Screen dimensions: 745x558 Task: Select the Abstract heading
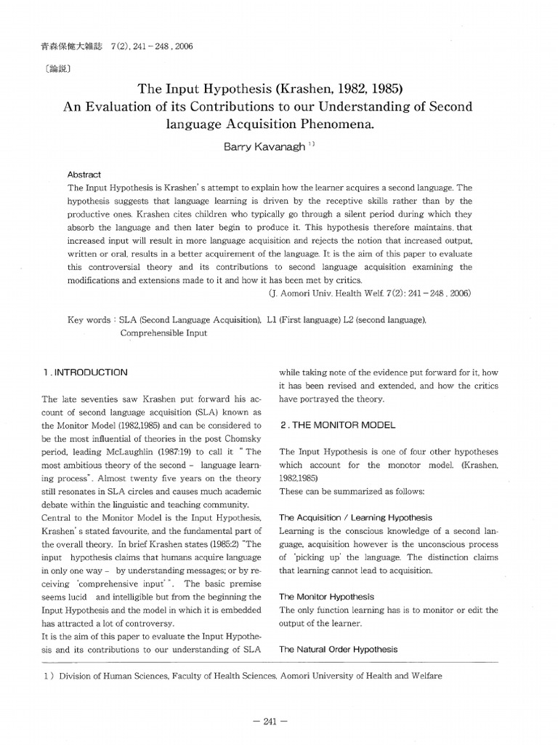click(84, 175)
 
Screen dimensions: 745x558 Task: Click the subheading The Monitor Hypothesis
click(326, 596)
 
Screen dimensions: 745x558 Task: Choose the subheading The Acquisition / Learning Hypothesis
click(355, 517)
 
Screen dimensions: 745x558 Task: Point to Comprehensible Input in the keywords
click(163, 333)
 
